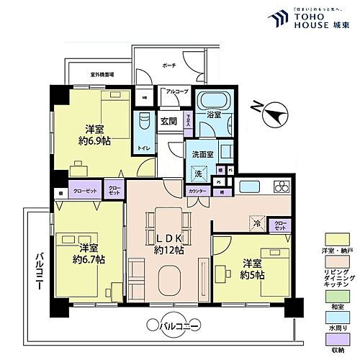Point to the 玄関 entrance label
[168, 121]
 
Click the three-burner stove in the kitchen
[279, 188]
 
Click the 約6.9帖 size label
[92, 140]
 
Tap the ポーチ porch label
[189, 65]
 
